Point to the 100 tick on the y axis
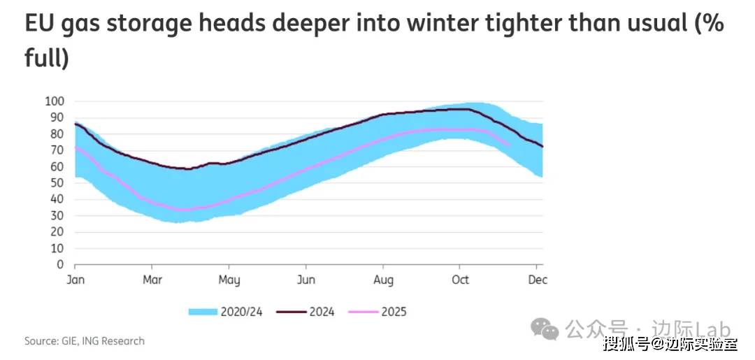[x=55, y=101]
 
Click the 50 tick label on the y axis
[x=58, y=183]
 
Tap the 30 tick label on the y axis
[x=58, y=216]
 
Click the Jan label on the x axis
[x=75, y=280]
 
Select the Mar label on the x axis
[x=152, y=280]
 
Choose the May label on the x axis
[x=229, y=280]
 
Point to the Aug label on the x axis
[x=382, y=280]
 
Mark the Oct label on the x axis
[x=459, y=280]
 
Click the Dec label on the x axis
[x=537, y=280]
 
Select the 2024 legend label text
[x=321, y=312]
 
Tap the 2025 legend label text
[x=394, y=312]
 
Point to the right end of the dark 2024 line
[x=542, y=146]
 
